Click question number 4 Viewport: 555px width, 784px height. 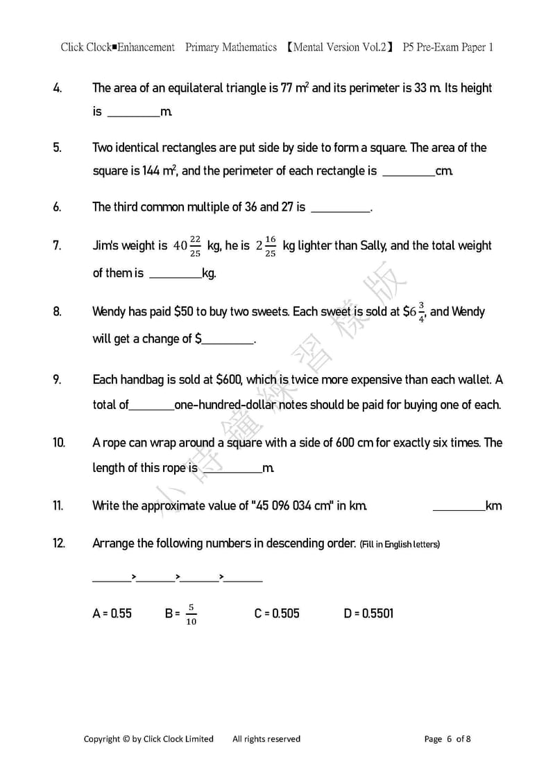pyautogui.click(x=57, y=88)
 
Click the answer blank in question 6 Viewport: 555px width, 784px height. pyautogui.click(x=341, y=207)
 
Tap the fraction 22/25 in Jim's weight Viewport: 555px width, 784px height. pyautogui.click(x=195, y=245)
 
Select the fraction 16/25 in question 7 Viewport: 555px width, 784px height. pyautogui.click(x=270, y=245)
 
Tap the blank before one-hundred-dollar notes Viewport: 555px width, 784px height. pyautogui.click(x=151, y=405)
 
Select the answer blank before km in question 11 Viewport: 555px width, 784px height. pyautogui.click(x=459, y=506)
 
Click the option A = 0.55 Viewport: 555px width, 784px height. pyautogui.click(x=112, y=613)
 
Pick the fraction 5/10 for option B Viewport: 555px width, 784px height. pyautogui.click(x=191, y=613)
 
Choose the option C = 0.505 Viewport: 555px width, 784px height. pyautogui.click(x=277, y=613)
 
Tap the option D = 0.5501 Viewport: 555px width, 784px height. pyautogui.click(x=368, y=613)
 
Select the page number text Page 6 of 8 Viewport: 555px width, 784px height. pyautogui.click(x=447, y=738)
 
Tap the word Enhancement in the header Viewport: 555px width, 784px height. pyautogui.click(x=146, y=47)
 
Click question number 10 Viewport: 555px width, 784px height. pyautogui.click(x=59, y=442)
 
